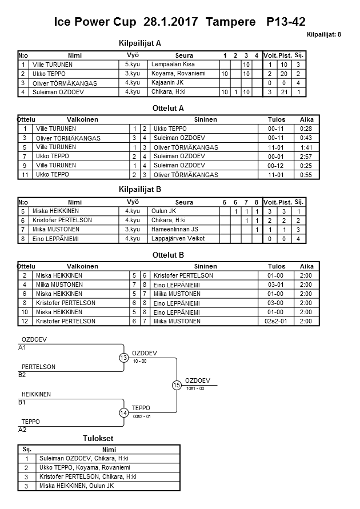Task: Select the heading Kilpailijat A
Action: click(x=139, y=43)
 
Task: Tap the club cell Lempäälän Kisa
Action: click(x=169, y=65)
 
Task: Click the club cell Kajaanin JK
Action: click(x=166, y=83)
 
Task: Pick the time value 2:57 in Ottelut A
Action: click(x=306, y=156)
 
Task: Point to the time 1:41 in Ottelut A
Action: click(x=306, y=147)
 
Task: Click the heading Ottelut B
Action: click(x=169, y=255)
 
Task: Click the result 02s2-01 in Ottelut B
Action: click(x=281, y=322)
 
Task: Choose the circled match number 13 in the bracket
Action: click(x=123, y=358)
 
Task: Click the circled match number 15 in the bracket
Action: click(x=177, y=386)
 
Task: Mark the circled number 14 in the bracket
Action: click(x=123, y=413)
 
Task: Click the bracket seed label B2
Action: click(x=22, y=375)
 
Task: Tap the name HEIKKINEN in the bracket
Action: click(x=36, y=395)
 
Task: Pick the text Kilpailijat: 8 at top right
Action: click(x=323, y=35)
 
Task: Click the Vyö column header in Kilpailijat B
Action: click(x=133, y=202)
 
